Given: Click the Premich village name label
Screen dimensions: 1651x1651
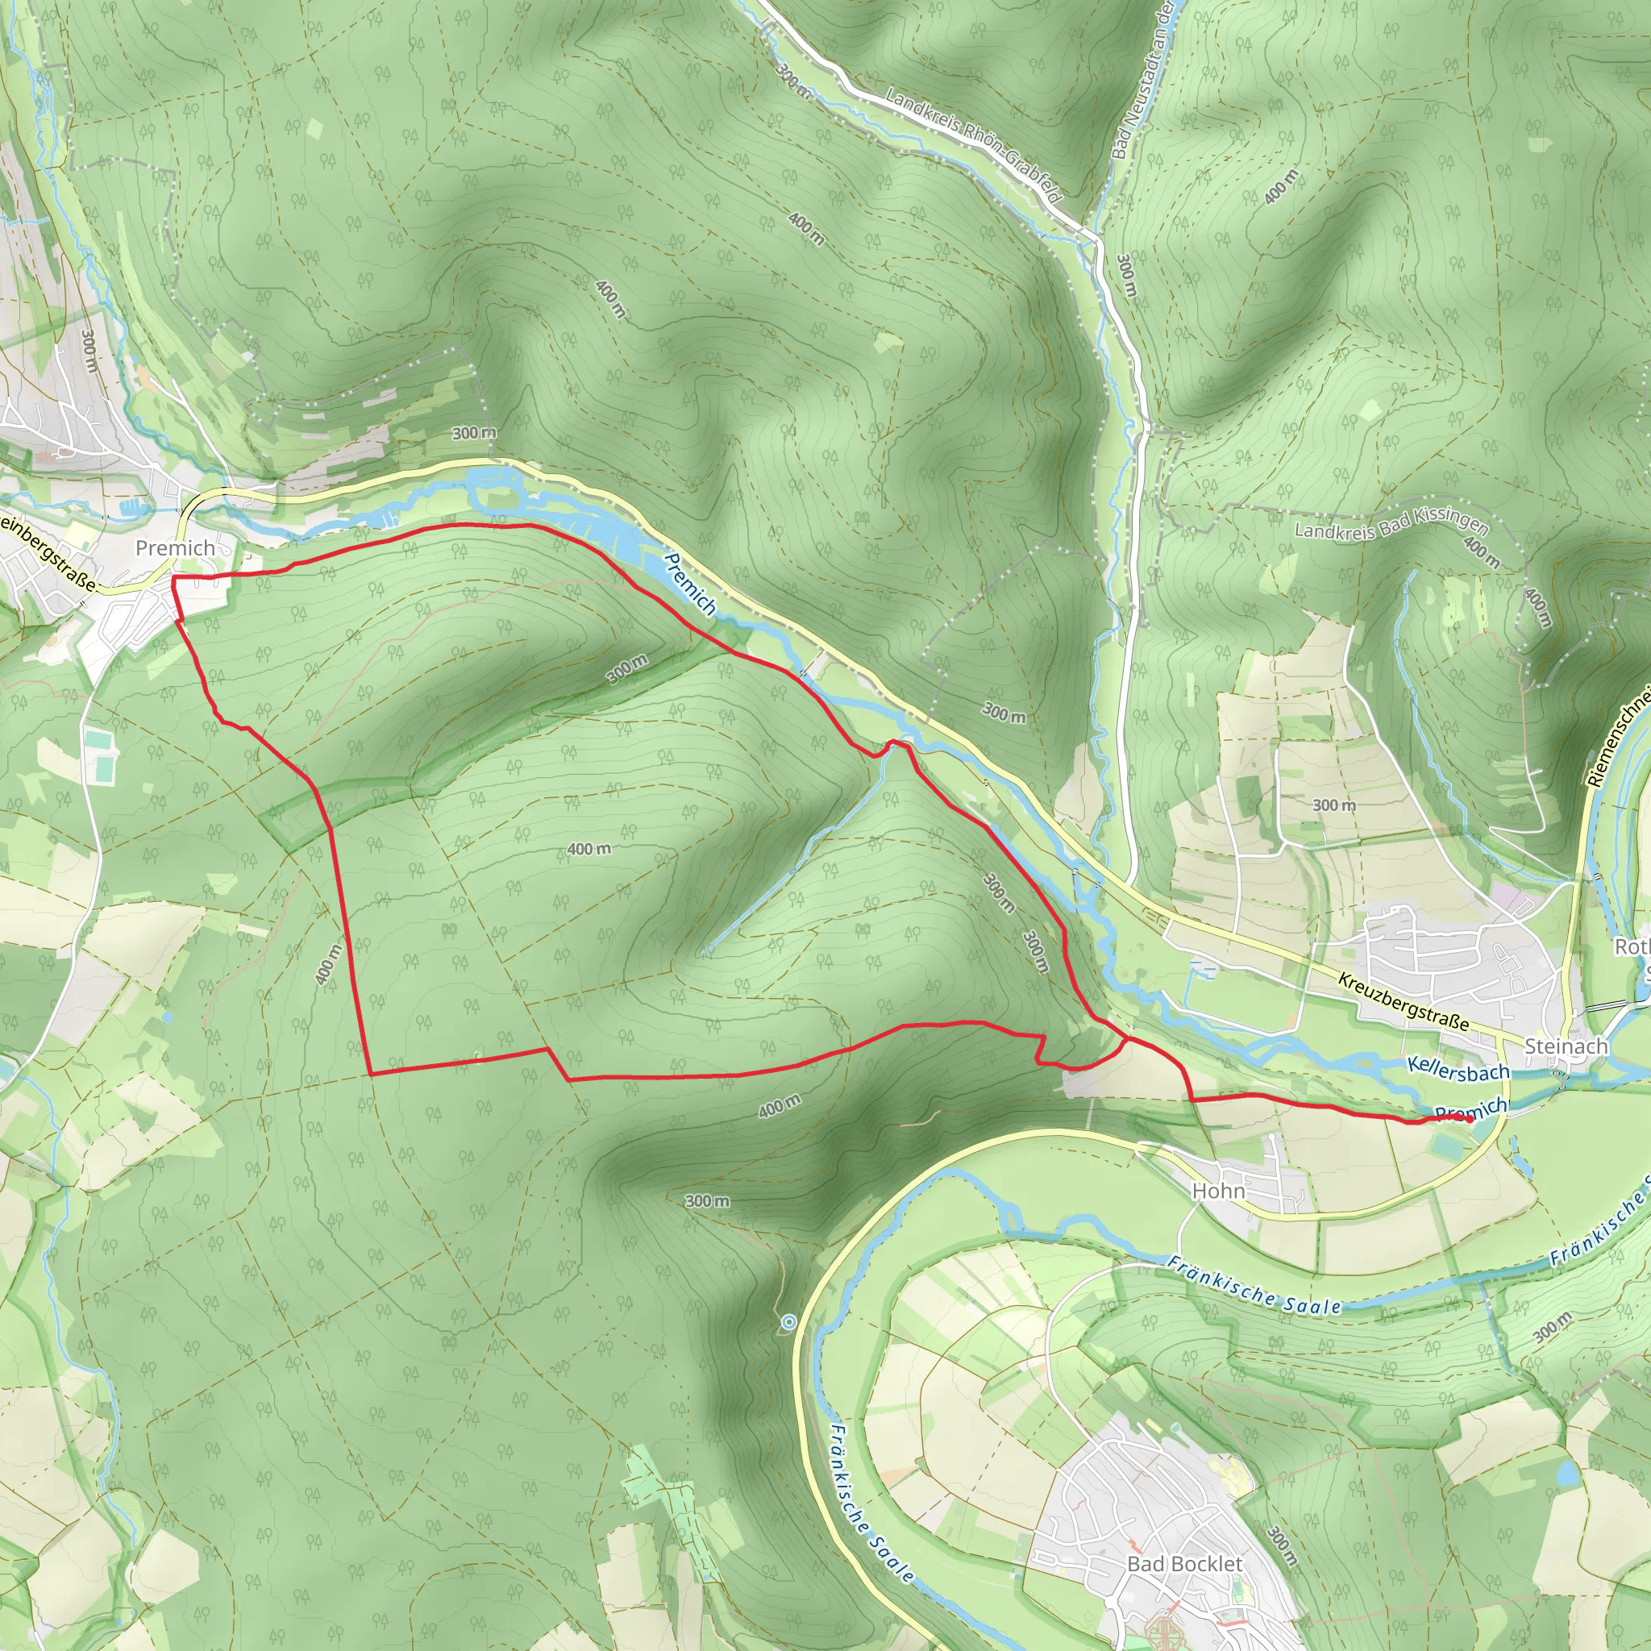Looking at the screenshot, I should pyautogui.click(x=175, y=547).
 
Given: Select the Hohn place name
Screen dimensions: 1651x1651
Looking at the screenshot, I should pyautogui.click(x=1219, y=1191).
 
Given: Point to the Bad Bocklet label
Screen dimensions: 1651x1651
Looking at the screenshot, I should pyautogui.click(x=1185, y=1564).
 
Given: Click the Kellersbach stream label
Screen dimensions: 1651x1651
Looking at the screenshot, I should pyautogui.click(x=1458, y=1069).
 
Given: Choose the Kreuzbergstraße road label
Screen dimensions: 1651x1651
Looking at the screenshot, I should pyautogui.click(x=1404, y=1001).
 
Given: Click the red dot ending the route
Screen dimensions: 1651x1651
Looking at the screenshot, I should pyautogui.click(x=1469, y=1119).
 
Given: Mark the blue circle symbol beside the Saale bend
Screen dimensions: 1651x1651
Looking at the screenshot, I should pyautogui.click(x=788, y=1322).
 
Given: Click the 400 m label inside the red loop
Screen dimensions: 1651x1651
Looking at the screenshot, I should pyautogui.click(x=588, y=849).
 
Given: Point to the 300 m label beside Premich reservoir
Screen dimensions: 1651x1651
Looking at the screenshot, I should pyautogui.click(x=474, y=433).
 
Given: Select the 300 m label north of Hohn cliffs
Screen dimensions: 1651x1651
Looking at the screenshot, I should pyautogui.click(x=708, y=1200).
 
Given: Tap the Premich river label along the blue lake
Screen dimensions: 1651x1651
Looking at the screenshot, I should pyautogui.click(x=689, y=584).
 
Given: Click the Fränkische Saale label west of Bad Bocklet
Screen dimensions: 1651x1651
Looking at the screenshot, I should pyautogui.click(x=872, y=1503).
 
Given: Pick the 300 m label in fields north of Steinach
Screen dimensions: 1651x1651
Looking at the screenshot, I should pyautogui.click(x=1334, y=805).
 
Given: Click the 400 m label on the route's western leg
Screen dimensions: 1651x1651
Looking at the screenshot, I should pyautogui.click(x=328, y=964).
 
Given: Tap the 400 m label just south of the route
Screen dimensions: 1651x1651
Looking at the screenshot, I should pyautogui.click(x=780, y=1106).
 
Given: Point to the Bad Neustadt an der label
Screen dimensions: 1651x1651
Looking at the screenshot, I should pyautogui.click(x=1143, y=81).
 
